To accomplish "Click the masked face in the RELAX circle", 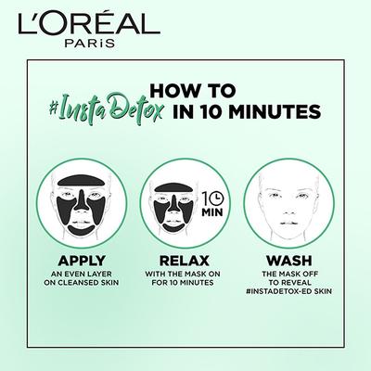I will [175, 209].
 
